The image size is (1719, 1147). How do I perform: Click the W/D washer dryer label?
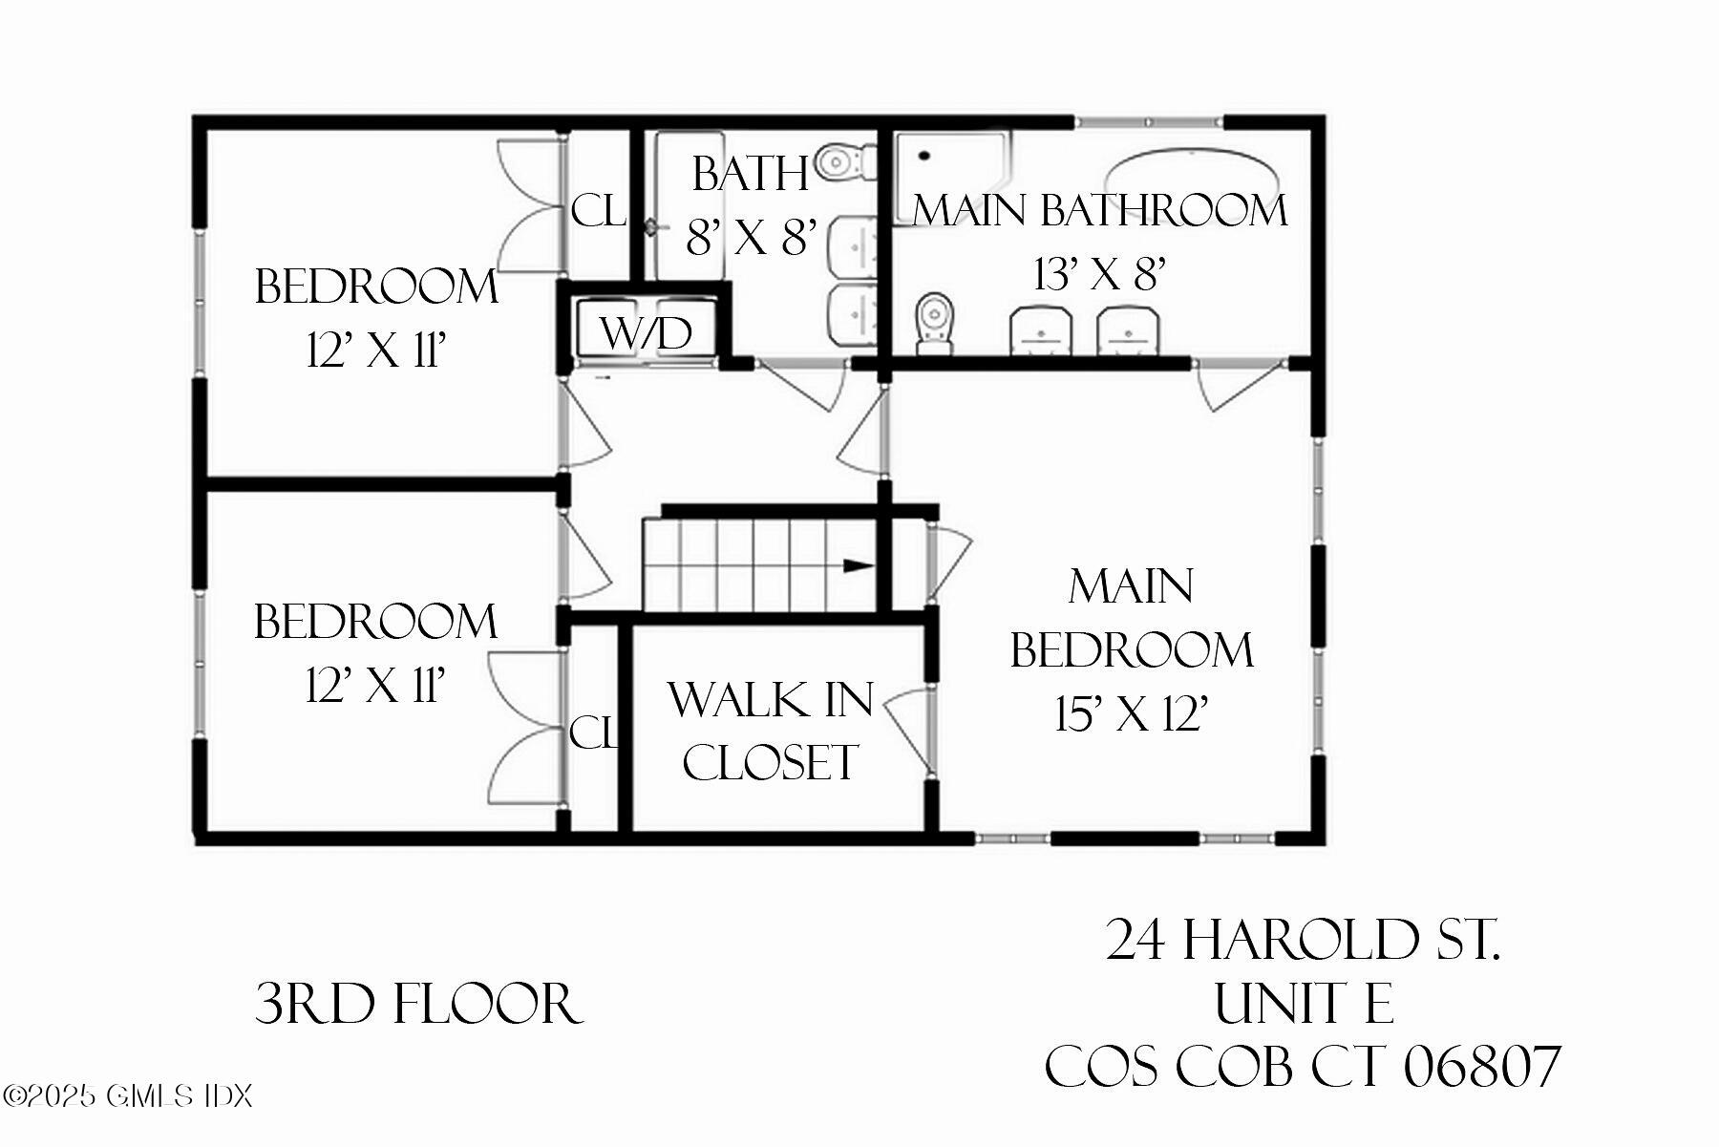tap(647, 333)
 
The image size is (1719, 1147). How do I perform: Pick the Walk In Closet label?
tap(770, 731)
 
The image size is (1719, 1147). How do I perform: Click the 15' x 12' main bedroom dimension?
tap(1132, 713)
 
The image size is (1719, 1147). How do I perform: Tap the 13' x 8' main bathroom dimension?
tap(1099, 275)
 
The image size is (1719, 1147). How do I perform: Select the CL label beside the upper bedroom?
tap(598, 211)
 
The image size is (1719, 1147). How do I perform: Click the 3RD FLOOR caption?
tap(418, 1005)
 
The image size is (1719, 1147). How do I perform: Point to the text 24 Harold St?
tap(1303, 940)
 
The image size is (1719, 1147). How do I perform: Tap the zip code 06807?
tap(1481, 1067)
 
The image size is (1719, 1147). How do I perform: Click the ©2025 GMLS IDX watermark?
tap(127, 1095)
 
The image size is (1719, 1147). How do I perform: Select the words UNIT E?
tap(1303, 1004)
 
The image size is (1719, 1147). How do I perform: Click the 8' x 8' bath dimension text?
tap(752, 237)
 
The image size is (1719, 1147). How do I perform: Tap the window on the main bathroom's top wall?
tap(1149, 122)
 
